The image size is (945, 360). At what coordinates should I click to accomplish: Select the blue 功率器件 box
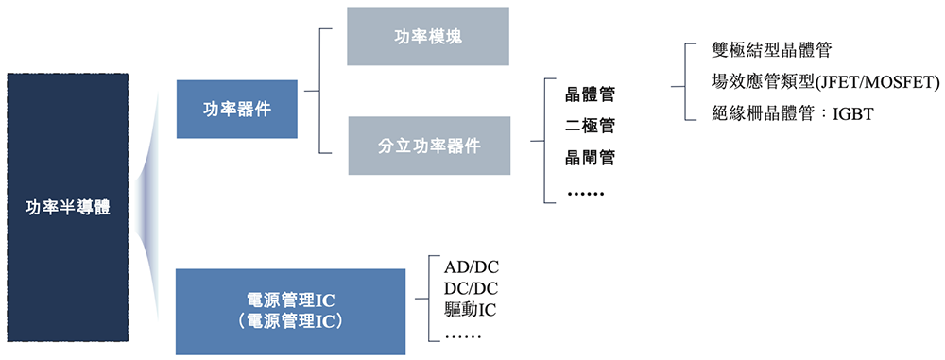tap(237, 109)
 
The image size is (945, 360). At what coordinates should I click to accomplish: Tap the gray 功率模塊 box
tap(428, 37)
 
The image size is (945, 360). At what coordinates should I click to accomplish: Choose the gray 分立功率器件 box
tap(428, 146)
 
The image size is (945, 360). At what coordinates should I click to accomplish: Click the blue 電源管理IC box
tap(290, 311)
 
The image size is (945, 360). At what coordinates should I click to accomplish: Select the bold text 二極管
tap(590, 126)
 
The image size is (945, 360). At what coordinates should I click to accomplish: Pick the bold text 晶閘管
tap(590, 158)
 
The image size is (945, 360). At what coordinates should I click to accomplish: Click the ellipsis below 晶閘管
tap(586, 194)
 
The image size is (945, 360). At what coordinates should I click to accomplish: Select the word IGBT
tap(852, 114)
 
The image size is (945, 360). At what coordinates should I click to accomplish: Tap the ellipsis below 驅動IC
tap(462, 335)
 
